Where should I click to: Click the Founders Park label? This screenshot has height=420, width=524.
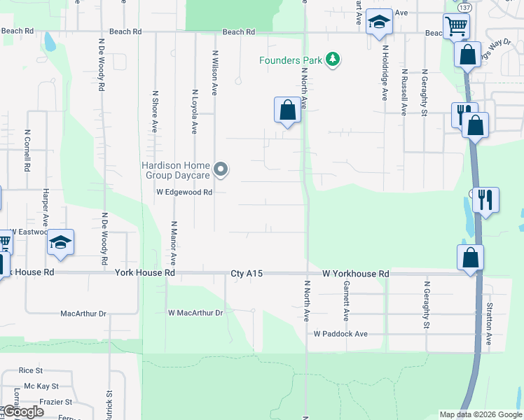(x=291, y=60)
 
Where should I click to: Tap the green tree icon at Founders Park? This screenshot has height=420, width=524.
(x=333, y=60)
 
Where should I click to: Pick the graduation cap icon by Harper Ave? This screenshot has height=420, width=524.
(x=61, y=242)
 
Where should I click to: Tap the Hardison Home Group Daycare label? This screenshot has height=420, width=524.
(x=176, y=170)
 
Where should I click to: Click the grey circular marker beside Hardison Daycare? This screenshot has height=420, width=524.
(x=221, y=169)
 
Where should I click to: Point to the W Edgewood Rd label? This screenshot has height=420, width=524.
(x=184, y=192)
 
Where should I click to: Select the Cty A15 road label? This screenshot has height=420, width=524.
(x=247, y=274)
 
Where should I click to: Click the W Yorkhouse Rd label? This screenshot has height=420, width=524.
(x=355, y=274)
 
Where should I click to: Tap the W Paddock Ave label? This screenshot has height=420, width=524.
(x=340, y=335)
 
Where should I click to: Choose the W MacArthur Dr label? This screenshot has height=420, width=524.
(x=195, y=313)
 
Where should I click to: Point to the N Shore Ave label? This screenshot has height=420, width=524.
(x=155, y=111)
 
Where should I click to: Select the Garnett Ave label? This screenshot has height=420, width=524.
(x=346, y=298)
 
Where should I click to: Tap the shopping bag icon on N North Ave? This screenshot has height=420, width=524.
(x=287, y=110)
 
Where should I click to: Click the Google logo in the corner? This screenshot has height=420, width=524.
(x=23, y=412)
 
